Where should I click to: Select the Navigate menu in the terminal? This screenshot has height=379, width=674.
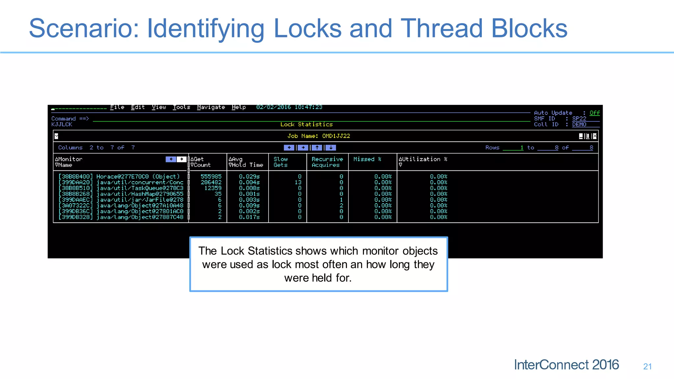(211, 107)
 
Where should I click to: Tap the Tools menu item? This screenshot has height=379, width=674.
(181, 107)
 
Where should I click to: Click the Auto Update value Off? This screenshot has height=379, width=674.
(594, 113)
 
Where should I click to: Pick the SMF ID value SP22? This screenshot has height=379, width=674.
(579, 118)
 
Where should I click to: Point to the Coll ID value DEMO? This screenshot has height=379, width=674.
(579, 124)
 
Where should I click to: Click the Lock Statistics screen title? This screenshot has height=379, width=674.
(306, 124)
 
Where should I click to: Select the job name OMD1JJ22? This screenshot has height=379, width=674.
(336, 136)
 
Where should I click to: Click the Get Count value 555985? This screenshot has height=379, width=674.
(211, 177)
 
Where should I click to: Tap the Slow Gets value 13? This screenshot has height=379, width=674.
(298, 182)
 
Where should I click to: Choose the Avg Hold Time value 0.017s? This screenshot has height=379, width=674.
(249, 217)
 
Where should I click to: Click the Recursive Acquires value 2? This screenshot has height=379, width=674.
(341, 206)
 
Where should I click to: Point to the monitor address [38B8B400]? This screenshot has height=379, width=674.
(76, 177)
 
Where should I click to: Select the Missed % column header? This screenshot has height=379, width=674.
(367, 159)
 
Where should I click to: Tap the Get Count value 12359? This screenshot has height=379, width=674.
(213, 188)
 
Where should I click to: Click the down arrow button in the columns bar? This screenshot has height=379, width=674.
(331, 148)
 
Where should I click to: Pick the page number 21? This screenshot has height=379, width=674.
(647, 366)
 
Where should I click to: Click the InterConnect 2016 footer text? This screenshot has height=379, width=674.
(566, 365)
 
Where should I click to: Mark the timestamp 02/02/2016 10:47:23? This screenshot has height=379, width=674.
(289, 107)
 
